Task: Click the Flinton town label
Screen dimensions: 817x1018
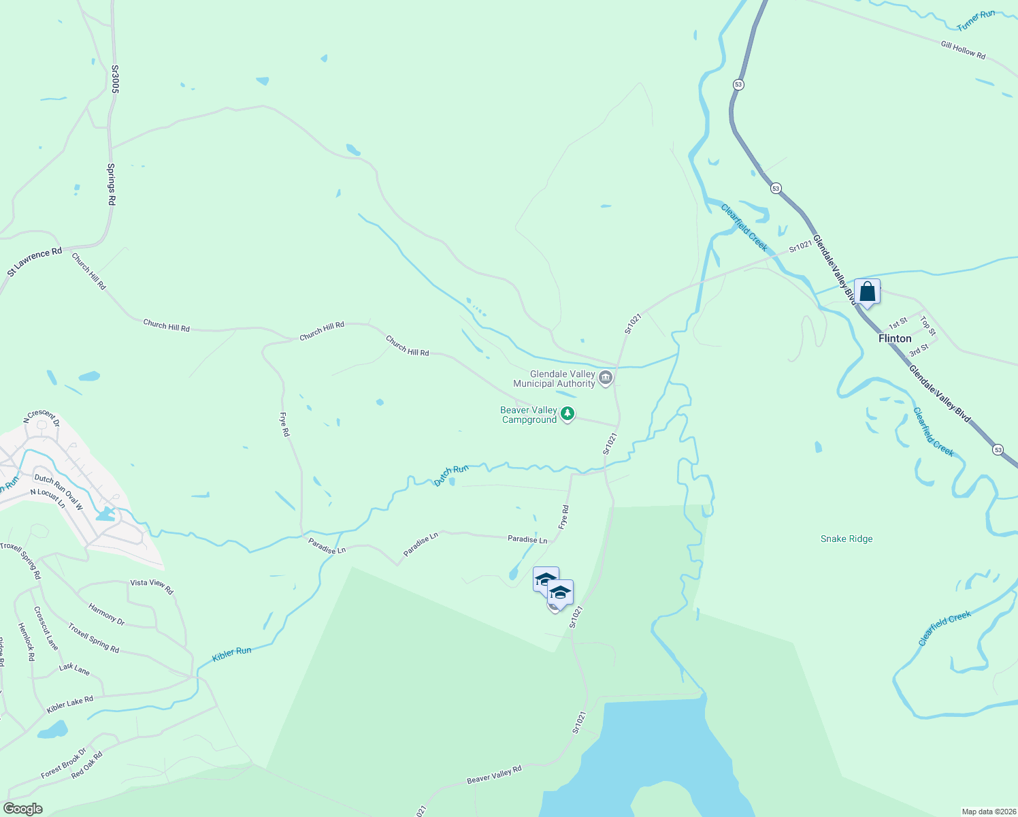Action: (x=894, y=338)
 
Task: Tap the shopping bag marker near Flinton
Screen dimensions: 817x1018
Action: (x=867, y=292)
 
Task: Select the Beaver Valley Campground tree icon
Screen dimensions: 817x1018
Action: (x=567, y=413)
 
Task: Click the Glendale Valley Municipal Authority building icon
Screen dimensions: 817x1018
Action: (x=606, y=377)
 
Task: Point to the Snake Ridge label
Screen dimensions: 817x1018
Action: (x=846, y=539)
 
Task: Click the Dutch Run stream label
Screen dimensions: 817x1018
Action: (x=451, y=475)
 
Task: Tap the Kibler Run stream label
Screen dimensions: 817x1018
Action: (x=231, y=654)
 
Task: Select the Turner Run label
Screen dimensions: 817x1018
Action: (x=976, y=20)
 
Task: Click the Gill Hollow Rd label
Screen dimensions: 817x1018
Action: (x=963, y=50)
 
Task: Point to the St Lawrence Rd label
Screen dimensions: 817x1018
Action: (x=35, y=261)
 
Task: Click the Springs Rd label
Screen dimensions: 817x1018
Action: (x=112, y=185)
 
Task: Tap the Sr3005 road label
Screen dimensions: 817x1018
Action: (x=115, y=79)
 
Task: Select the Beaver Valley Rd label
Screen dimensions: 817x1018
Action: (x=494, y=775)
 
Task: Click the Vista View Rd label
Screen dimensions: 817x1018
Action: (x=152, y=586)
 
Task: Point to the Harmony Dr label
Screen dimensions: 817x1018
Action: (x=107, y=613)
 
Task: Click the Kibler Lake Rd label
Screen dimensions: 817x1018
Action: (x=69, y=705)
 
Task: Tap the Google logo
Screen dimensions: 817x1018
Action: (x=22, y=809)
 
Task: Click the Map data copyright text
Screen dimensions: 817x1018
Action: (x=988, y=812)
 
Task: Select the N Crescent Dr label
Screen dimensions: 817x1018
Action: (x=42, y=417)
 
